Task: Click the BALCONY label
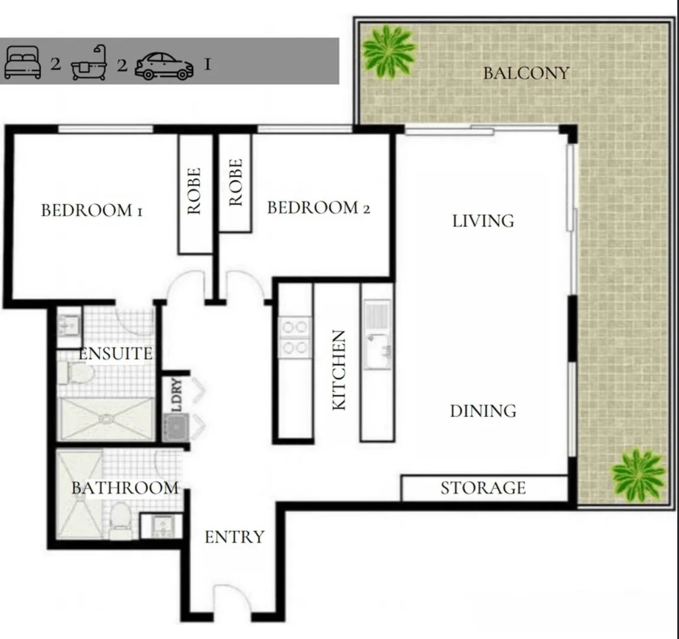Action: [x=526, y=73]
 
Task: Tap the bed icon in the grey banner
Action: [x=22, y=63]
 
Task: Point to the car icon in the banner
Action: [x=164, y=66]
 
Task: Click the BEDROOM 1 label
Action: [x=92, y=211]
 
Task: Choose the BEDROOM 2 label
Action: [x=318, y=208]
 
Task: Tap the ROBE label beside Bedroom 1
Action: [x=195, y=191]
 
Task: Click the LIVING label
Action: [x=483, y=221]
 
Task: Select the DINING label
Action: [x=483, y=411]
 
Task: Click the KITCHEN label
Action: [x=339, y=370]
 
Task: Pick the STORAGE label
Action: [x=483, y=488]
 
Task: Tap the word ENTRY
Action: [x=234, y=537]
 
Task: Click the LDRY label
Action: [x=176, y=395]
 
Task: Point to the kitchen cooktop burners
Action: [x=295, y=337]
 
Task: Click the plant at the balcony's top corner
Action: [x=389, y=51]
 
